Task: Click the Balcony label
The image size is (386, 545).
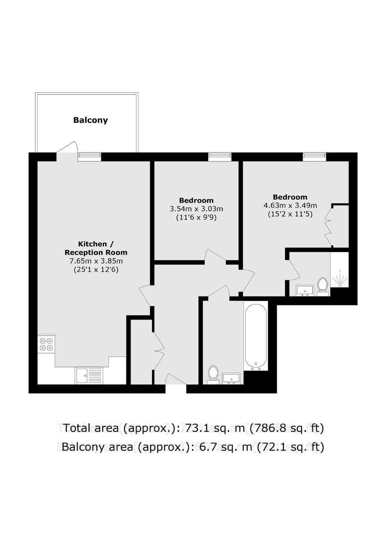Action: pos(90,120)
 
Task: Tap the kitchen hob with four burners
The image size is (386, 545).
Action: pos(46,344)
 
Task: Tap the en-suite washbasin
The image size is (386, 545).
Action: pos(305,290)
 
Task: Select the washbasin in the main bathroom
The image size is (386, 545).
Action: pos(232,379)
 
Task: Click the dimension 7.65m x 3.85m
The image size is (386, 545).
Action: pos(96,261)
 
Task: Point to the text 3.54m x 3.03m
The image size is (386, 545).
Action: pos(196,209)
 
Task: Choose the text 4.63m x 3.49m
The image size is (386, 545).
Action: pos(290,205)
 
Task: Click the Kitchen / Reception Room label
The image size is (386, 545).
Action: pos(96,248)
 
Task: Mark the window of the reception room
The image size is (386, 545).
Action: pos(89,157)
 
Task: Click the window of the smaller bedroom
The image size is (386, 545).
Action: pos(220,157)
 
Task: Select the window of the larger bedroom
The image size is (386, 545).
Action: pos(315,157)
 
